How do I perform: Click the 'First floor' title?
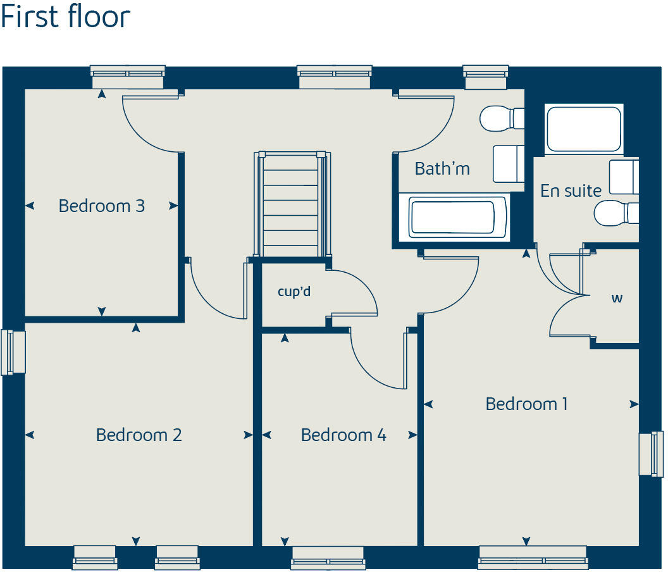pyautogui.click(x=65, y=17)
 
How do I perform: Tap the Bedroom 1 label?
pyautogui.click(x=526, y=404)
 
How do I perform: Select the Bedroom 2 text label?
pyautogui.click(x=139, y=435)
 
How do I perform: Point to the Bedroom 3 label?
pyautogui.click(x=101, y=206)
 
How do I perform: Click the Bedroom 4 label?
pyautogui.click(x=343, y=435)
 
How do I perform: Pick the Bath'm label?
pyautogui.click(x=442, y=169)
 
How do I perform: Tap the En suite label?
pyautogui.click(x=571, y=190)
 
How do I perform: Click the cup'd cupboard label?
pyautogui.click(x=294, y=292)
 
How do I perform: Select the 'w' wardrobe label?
pyautogui.click(x=617, y=298)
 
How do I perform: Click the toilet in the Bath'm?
pyautogui.click(x=501, y=118)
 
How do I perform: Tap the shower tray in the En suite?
pyautogui.click(x=583, y=128)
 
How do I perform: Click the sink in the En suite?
pyautogui.click(x=623, y=177)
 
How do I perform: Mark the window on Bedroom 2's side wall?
pyautogui.click(x=13, y=352)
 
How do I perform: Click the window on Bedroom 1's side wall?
pyautogui.click(x=651, y=453)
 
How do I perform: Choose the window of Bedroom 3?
pyautogui.click(x=128, y=77)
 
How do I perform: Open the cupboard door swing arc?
pyautogui.click(x=354, y=292)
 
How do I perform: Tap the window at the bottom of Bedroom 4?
pyautogui.click(x=328, y=556)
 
